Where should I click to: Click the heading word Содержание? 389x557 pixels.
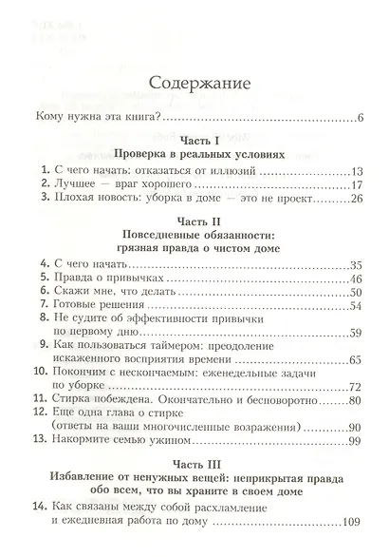[x=194, y=84]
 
